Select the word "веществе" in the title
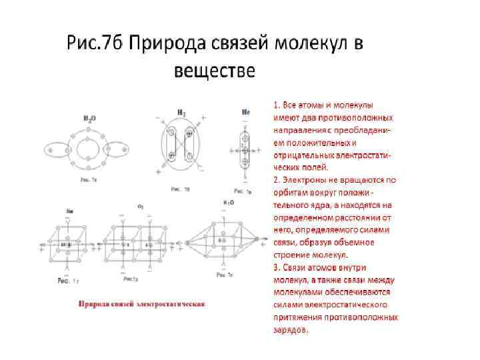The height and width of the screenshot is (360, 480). tap(214, 70)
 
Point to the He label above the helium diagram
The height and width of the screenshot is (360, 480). tap(246, 113)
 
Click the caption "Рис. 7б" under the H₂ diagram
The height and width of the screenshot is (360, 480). tap(180, 189)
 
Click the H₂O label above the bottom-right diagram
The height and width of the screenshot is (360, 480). tap(227, 202)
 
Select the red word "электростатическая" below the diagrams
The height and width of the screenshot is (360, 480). tap(171, 304)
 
